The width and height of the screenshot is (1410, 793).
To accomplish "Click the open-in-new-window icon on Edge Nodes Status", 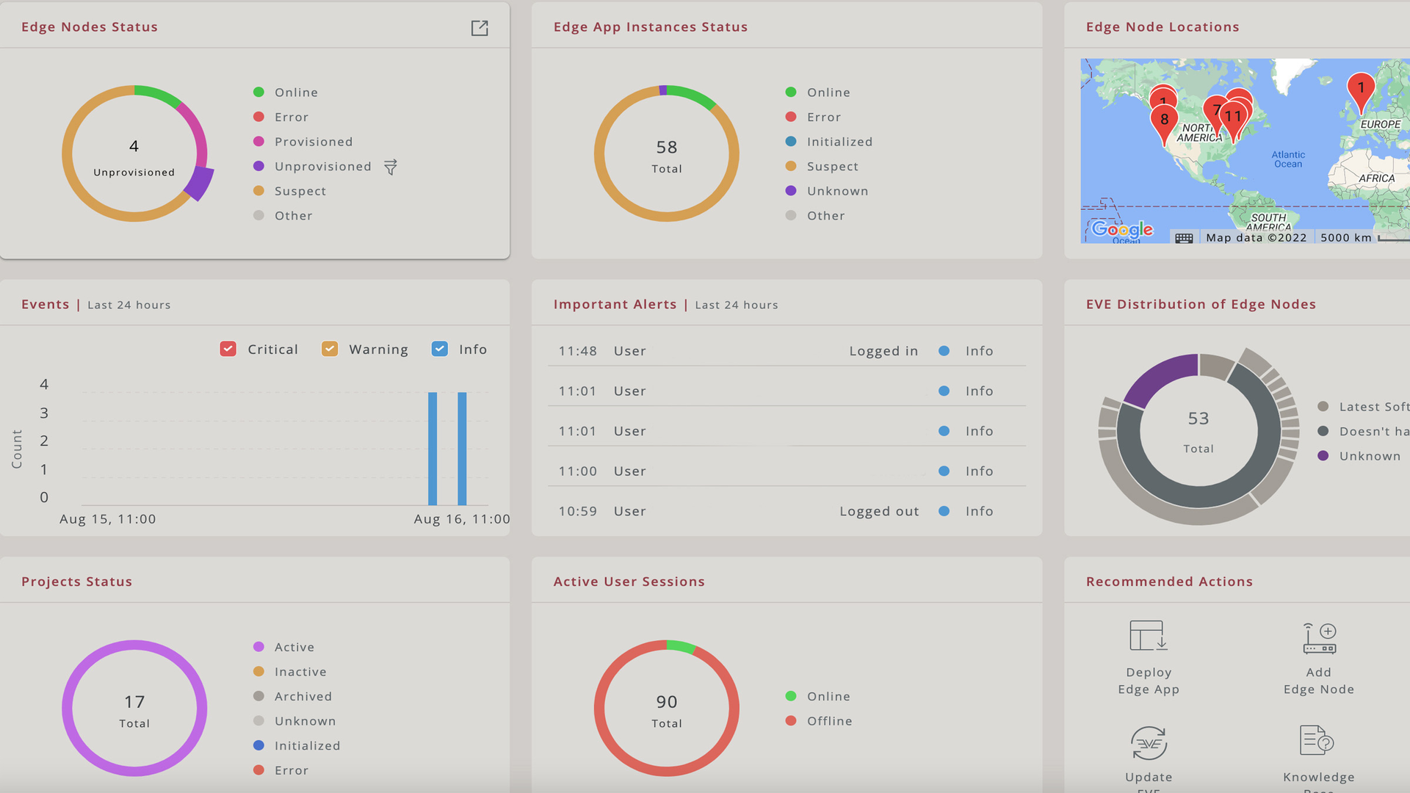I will point(480,28).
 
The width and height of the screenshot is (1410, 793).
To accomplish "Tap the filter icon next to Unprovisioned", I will point(391,167).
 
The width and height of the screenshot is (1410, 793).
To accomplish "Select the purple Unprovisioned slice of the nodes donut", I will point(199,184).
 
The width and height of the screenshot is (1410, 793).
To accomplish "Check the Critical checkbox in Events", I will point(228,350).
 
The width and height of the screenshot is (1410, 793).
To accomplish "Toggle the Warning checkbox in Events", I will point(330,350).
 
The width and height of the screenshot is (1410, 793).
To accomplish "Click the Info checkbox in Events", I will point(440,350).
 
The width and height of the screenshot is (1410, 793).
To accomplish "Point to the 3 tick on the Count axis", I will point(44,413).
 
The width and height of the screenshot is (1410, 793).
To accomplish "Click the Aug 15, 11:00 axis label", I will point(108,519).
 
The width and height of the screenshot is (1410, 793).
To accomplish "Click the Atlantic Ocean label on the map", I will point(1288,159).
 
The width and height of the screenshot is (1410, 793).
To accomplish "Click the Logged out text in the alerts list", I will point(879,512).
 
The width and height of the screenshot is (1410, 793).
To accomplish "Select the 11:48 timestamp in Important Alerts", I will point(577,351).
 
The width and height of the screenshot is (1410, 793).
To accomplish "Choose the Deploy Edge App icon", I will point(1149,636).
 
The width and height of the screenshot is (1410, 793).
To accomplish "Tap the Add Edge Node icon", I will point(1319,639).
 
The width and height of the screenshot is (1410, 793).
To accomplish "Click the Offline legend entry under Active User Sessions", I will point(829,721).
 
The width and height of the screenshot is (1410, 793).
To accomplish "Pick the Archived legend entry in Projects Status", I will point(303,696).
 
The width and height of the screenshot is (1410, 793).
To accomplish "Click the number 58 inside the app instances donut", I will point(667,148).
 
